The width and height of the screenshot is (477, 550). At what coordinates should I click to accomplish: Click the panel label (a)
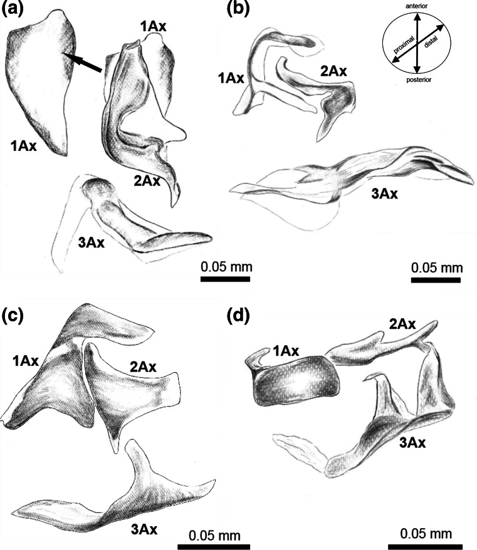click(13, 10)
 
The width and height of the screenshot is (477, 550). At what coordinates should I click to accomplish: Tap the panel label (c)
click(13, 313)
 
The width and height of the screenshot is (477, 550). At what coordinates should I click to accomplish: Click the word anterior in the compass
click(417, 5)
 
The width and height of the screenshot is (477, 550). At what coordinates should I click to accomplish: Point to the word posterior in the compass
click(417, 80)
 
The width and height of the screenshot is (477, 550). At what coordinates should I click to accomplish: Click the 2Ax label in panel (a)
click(147, 182)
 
